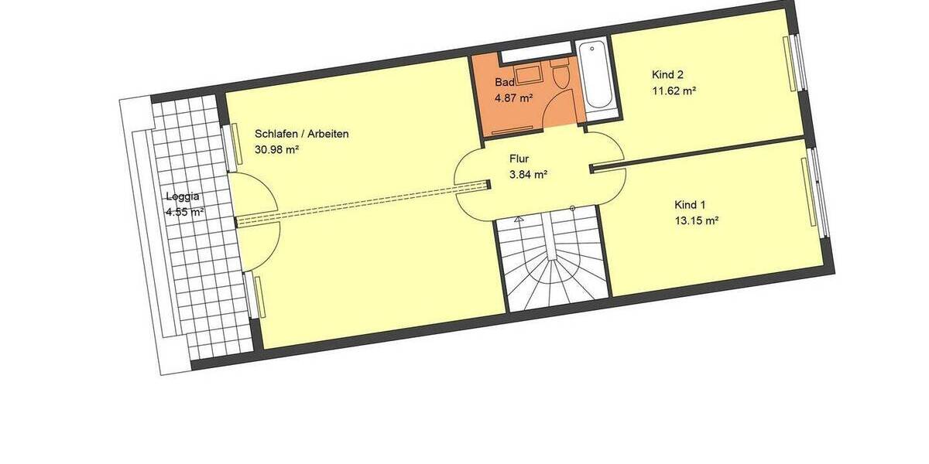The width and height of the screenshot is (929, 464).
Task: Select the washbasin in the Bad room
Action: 529,75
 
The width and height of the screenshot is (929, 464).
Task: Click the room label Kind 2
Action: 667,75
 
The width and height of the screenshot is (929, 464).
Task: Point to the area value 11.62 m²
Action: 674,90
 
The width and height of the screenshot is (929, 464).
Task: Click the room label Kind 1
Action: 690,205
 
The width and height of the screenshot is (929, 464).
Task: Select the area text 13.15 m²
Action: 697,220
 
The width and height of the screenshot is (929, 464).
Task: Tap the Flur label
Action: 518,159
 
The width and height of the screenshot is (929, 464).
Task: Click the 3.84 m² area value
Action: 528,175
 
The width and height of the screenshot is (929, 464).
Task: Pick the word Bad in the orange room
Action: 504,82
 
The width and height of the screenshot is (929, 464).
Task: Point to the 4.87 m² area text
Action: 514,97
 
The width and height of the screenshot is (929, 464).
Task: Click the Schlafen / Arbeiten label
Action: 301,134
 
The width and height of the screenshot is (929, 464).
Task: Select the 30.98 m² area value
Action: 276,150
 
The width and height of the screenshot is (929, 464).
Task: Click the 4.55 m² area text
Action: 184,211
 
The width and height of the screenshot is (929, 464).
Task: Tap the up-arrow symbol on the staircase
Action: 572,209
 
